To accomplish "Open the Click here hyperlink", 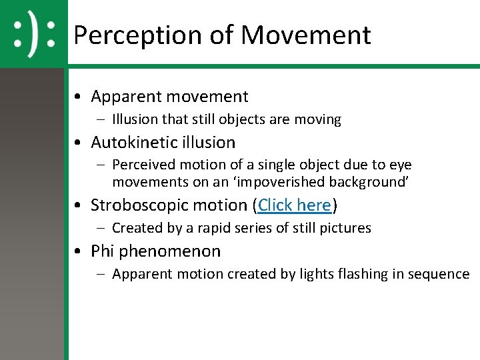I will click(x=295, y=205).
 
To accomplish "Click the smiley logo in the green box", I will click(x=33, y=33).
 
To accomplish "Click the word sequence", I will click(x=442, y=274).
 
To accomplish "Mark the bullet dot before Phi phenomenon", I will click(x=79, y=252).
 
